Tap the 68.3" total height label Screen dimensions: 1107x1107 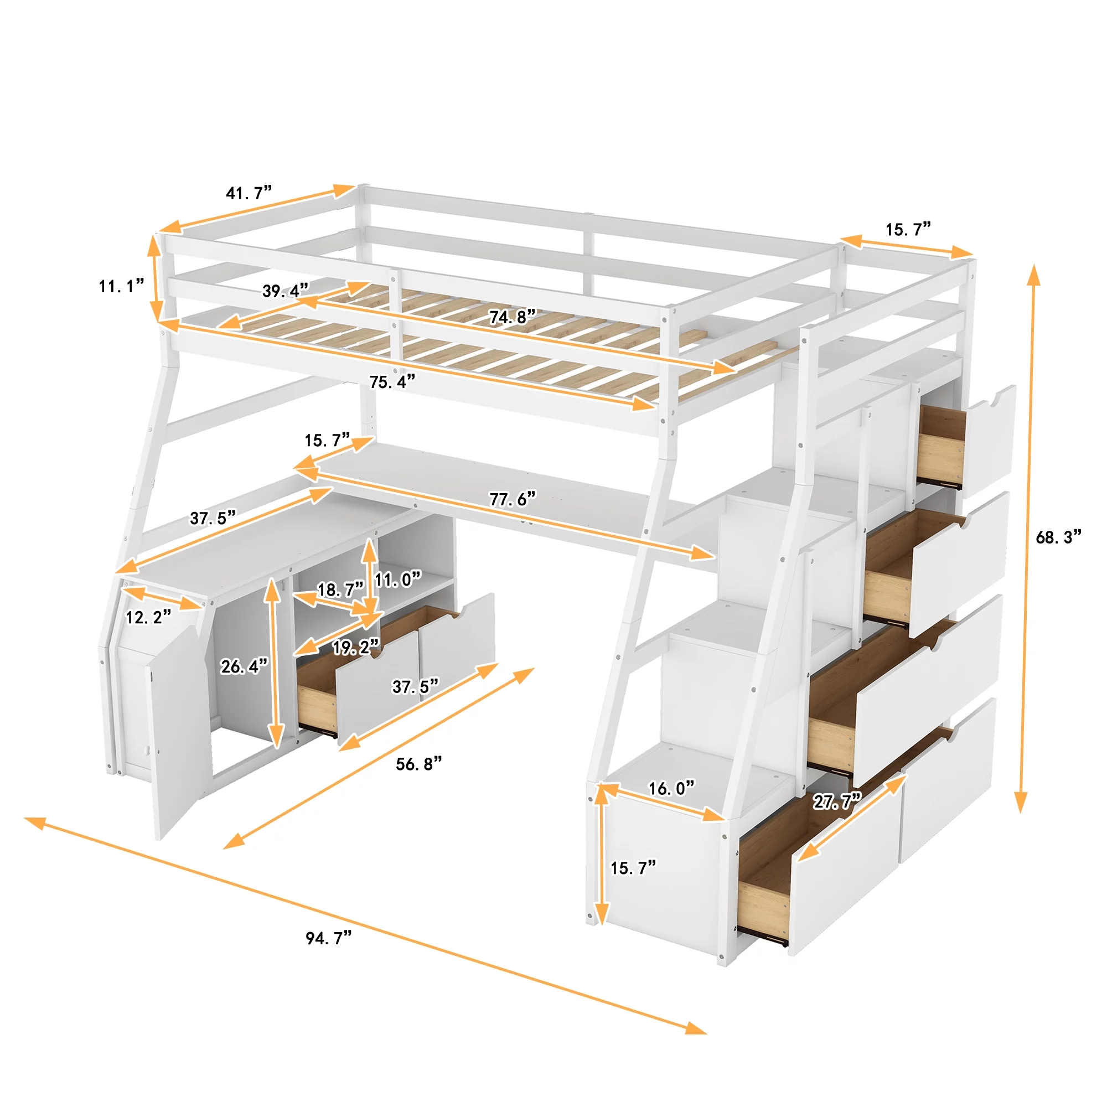[1058, 537]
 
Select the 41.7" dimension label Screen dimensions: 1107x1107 [248, 193]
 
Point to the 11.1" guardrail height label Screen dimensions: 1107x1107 [121, 286]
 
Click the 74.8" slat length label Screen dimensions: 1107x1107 [512, 316]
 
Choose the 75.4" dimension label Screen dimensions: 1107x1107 [392, 381]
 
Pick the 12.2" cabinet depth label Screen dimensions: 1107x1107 [148, 617]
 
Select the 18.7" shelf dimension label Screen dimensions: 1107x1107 [340, 589]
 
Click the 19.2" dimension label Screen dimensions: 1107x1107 [356, 648]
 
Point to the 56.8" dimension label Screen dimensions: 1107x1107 [419, 764]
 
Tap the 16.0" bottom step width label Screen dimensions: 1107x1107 [671, 788]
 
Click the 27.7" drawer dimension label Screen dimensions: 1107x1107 [836, 801]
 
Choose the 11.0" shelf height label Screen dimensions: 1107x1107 [397, 580]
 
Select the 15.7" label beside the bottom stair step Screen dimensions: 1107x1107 [633, 867]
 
